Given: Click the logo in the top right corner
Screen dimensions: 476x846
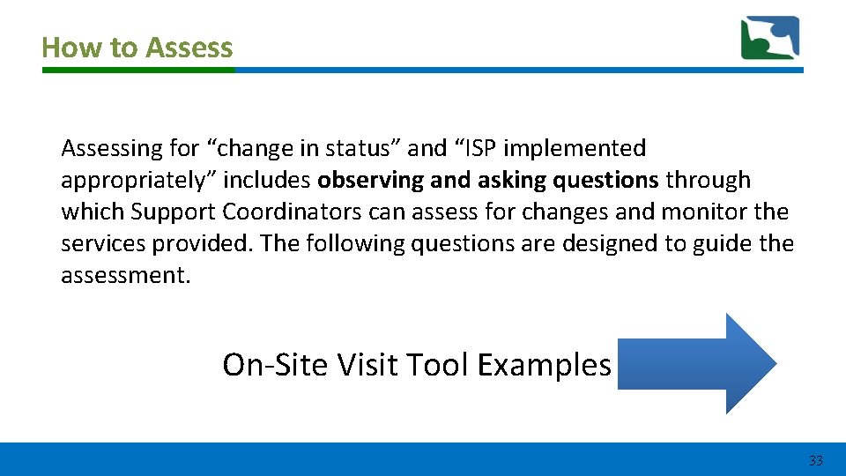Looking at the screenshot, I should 770,38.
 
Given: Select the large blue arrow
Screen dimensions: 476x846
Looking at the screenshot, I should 696,363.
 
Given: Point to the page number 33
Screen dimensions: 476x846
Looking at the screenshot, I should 815,461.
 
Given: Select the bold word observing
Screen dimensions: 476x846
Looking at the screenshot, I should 370,180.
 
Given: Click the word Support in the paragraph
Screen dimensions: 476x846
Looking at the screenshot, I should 173,212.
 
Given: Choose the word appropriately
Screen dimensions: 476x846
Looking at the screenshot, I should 137,180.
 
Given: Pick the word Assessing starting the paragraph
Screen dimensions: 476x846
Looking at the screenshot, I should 105,148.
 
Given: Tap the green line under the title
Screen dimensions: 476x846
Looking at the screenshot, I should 137,70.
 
